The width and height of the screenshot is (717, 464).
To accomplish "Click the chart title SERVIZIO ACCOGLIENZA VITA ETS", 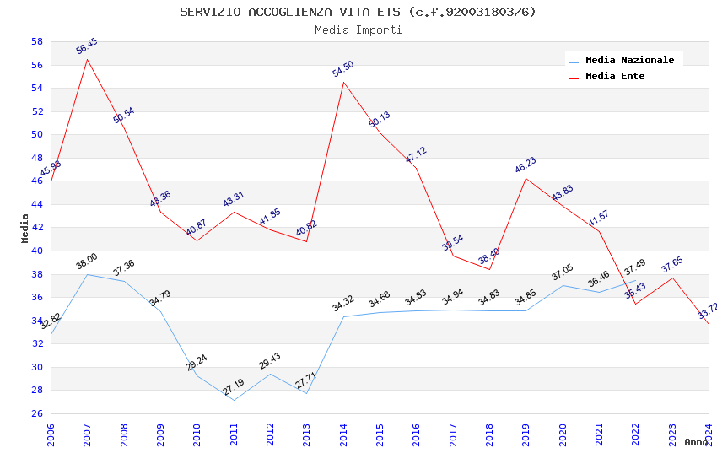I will (358, 12).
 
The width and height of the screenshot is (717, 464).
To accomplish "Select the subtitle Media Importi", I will (358, 30).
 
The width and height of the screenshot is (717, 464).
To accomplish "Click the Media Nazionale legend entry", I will (629, 60).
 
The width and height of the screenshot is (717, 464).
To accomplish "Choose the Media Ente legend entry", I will (615, 76).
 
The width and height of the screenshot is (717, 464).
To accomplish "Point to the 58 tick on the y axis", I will (37, 41).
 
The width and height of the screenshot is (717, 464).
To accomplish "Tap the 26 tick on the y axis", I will (37, 413).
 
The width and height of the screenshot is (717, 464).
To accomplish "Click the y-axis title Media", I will (25, 228).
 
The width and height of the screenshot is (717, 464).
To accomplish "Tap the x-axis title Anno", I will (696, 442).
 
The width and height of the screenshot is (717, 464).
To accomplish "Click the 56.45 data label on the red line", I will (87, 46).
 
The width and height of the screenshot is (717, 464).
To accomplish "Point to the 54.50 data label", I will (343, 69).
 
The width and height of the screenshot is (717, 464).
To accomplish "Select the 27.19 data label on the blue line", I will (234, 387).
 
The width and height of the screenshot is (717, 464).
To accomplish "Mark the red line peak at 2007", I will (87, 59).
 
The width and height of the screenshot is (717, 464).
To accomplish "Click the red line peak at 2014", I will (343, 82).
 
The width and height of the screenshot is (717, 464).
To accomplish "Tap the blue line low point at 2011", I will (234, 400).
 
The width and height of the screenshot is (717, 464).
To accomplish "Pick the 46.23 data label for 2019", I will (526, 165).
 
